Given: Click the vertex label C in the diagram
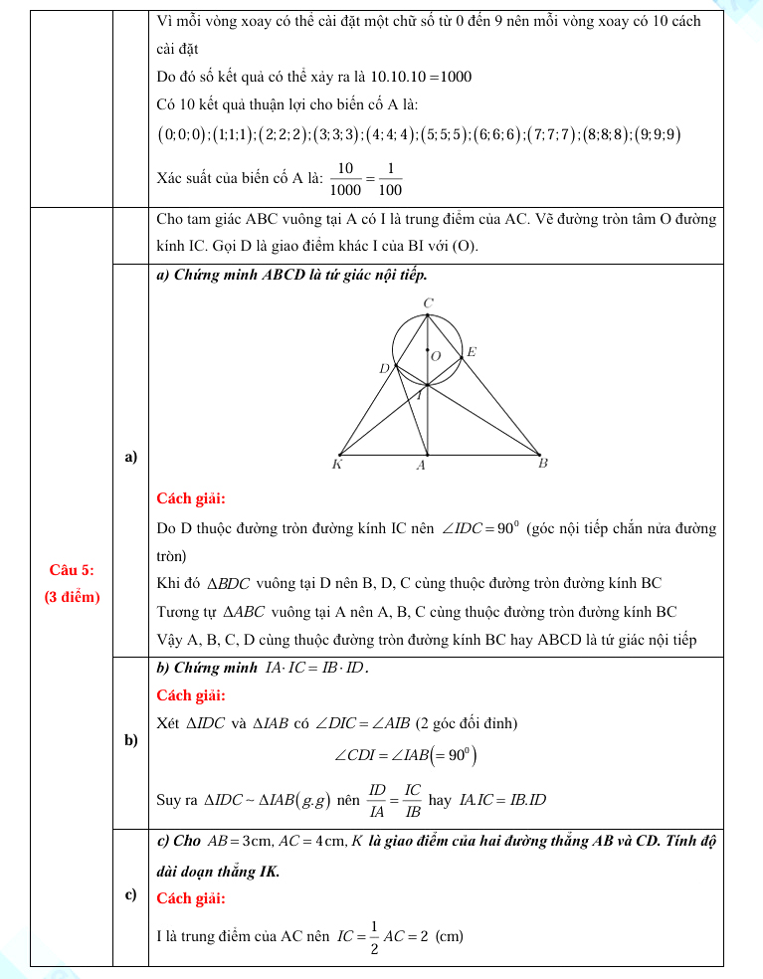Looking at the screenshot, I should [x=428, y=302].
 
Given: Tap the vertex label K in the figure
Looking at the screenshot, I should [x=337, y=464].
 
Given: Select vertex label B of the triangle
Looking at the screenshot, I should [x=542, y=463].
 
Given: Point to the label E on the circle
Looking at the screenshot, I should [x=472, y=352].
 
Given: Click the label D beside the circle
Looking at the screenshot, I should [x=384, y=369].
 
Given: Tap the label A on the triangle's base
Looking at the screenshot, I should [x=421, y=465].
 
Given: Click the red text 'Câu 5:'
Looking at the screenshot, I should [x=73, y=569].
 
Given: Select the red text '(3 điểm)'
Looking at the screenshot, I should [x=73, y=597].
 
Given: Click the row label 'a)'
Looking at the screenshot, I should [x=130, y=457].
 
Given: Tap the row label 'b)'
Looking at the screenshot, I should [x=130, y=740].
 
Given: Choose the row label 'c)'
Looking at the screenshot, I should [x=130, y=895].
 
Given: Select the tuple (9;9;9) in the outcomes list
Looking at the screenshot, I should [x=659, y=135].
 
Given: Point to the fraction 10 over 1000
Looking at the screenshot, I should [x=346, y=178].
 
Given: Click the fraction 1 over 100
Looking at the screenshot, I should [x=390, y=178].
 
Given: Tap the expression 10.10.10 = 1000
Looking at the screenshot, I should [x=421, y=77].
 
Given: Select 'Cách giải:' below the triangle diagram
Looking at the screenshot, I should [x=192, y=497].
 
